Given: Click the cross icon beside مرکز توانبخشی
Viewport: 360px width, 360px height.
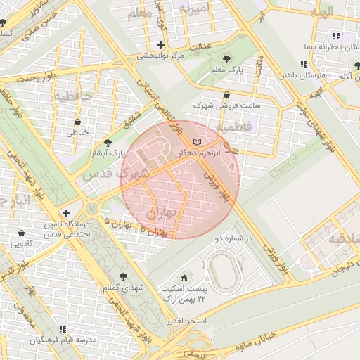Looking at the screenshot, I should coord(161,44).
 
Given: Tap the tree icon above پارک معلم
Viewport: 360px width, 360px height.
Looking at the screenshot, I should coord(226,60).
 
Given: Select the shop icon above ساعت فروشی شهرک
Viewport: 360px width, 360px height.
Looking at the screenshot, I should coord(226,95).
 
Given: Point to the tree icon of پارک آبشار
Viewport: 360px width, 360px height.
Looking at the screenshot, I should coord(107,142).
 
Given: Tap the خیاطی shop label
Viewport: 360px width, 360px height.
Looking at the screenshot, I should coord(77,131).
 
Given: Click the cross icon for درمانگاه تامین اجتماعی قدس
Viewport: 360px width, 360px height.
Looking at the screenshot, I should coord(66,213).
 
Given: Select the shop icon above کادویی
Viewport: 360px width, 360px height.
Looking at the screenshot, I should coord(21,233).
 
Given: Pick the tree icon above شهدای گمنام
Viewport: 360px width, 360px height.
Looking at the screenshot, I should coord(124,276).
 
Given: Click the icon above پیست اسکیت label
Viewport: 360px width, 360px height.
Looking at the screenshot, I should coord(185,278).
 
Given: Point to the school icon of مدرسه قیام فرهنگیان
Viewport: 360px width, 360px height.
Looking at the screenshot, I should coord(62,329).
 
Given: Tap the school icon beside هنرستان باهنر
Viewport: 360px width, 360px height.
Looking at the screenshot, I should coord(303,64).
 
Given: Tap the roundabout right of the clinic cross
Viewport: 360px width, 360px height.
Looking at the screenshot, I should coord(92,209).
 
